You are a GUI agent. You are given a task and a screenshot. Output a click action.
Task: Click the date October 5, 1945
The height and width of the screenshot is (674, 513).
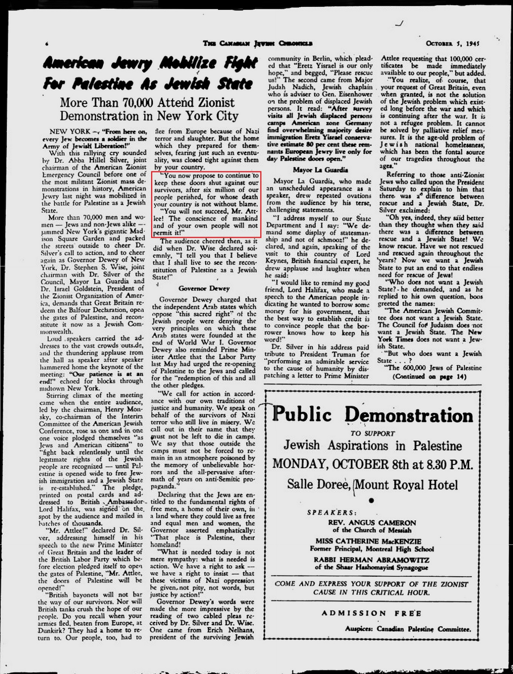coord(452,43)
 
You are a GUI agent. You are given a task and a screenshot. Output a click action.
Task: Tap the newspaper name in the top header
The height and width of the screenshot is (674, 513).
coord(258,43)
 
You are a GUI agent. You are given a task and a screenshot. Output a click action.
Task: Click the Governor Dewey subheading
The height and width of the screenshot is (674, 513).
coord(204,288)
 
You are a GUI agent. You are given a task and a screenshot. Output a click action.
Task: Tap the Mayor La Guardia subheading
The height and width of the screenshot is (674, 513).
coord(320,170)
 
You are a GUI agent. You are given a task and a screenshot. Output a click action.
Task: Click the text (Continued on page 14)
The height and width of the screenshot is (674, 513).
coord(430,377)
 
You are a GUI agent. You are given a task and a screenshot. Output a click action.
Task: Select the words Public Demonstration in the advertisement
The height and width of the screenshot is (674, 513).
coord(373,415)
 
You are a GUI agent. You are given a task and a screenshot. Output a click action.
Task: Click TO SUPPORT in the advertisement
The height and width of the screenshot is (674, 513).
coord(373,433)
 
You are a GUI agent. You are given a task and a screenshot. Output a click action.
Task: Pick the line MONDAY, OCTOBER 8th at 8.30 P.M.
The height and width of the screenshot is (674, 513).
coord(373,465)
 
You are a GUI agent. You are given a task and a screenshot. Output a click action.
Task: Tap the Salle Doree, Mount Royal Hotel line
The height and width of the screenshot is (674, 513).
coord(373,485)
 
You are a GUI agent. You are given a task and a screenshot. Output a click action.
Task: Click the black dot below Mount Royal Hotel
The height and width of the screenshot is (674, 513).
coord(371,500)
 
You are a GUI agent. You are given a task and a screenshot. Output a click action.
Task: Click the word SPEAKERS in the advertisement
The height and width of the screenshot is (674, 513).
coord(332,513)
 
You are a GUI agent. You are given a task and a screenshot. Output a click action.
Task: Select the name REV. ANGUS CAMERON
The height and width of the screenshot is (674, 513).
coord(372,523)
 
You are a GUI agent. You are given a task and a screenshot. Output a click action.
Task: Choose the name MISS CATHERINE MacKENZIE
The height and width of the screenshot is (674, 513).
coord(368,541)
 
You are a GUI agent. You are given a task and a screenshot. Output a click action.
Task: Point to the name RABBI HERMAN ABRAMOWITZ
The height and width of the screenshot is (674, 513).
coord(371,560)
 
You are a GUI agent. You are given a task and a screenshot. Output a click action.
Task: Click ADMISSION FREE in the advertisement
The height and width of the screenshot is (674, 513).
coord(371,613)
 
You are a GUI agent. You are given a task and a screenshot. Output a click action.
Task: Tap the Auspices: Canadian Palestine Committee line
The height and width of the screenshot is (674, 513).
coord(408,629)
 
